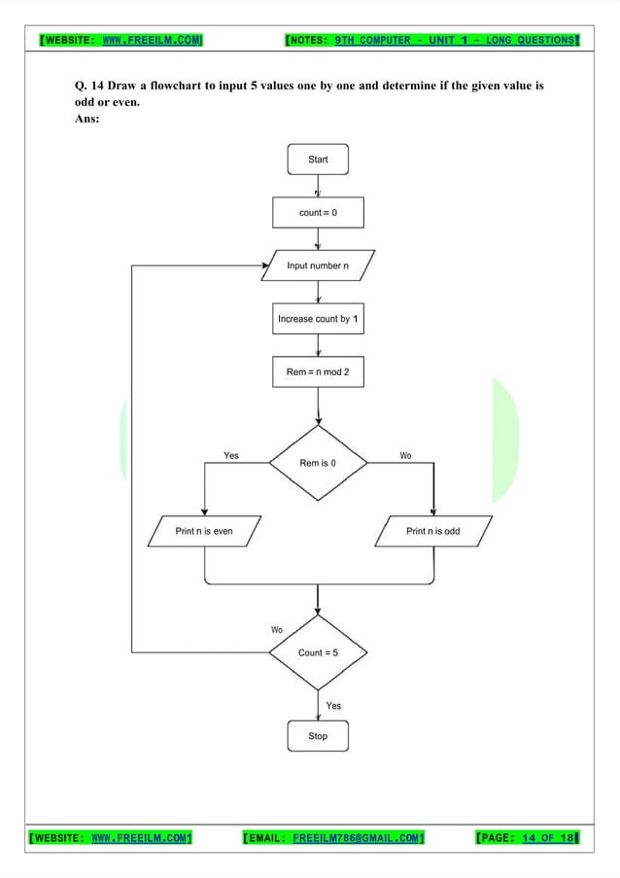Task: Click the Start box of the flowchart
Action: pos(318,159)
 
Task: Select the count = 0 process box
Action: pos(318,212)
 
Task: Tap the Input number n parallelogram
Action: pos(318,265)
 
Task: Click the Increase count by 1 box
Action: pos(318,319)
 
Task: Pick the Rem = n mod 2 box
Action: pos(318,371)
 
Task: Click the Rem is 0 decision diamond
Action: pos(318,463)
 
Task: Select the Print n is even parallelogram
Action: pos(204,532)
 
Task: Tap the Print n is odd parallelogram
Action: pos(432,532)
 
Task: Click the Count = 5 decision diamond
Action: pos(318,652)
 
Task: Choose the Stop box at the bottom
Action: pos(318,736)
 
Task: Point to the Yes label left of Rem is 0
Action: pos(230,455)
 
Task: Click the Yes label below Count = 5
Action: pos(333,706)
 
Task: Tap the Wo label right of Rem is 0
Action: pos(405,455)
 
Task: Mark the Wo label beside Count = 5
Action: pos(277,630)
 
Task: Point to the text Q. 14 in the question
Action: pos(89,87)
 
